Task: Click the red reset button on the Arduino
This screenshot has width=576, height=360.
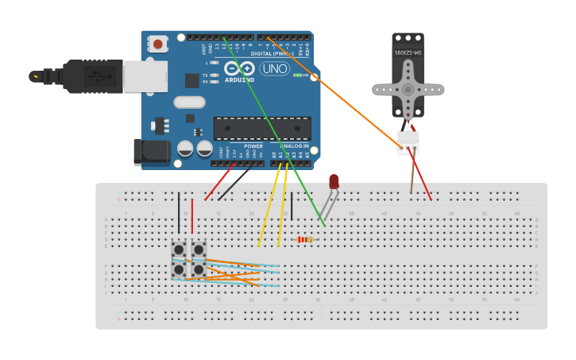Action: click(158, 45)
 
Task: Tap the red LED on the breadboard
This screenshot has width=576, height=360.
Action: click(334, 182)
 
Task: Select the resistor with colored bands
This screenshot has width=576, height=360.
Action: click(305, 239)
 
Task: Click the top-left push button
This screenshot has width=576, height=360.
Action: click(179, 250)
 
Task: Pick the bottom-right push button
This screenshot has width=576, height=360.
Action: click(199, 270)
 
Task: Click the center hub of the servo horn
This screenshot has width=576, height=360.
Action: click(408, 89)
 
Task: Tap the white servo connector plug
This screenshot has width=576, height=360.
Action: click(408, 141)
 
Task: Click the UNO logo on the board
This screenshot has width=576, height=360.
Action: click(274, 68)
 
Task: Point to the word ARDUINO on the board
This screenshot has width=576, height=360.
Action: click(239, 79)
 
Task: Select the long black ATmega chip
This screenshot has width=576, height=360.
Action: click(262, 128)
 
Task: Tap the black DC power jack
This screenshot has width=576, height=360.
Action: click(151, 151)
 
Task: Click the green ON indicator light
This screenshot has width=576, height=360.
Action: click(297, 75)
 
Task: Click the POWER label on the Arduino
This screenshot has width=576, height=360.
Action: click(253, 146)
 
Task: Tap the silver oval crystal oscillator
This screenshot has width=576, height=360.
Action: click(190, 102)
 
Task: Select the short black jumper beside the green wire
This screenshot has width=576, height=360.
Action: click(292, 206)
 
